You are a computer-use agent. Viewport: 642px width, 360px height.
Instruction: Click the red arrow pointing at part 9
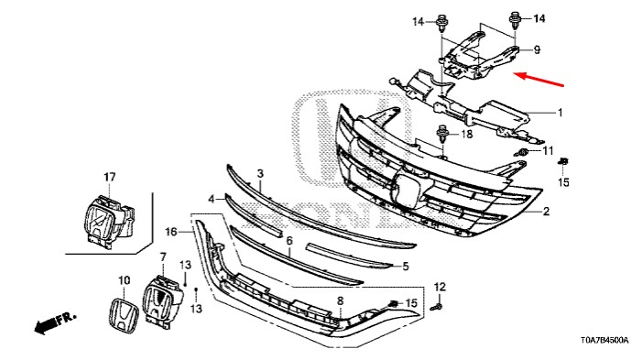(539, 80)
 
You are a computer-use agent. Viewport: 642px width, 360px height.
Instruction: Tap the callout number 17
(109, 178)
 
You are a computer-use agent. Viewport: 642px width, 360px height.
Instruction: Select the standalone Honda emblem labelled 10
(124, 314)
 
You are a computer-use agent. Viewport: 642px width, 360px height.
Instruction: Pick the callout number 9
(537, 50)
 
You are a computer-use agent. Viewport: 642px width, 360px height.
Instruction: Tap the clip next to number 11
(521, 153)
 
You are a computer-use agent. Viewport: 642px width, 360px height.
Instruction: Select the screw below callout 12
(438, 306)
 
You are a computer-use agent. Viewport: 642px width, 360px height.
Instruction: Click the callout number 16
(171, 233)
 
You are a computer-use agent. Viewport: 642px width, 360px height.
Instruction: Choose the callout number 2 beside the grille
(546, 212)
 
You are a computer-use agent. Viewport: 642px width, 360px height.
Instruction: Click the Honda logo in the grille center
(406, 189)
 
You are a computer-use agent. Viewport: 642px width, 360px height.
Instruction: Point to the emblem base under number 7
(162, 302)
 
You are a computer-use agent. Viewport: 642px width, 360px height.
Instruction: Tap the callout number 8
(341, 301)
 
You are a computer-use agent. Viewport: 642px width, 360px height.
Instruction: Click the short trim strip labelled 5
(348, 256)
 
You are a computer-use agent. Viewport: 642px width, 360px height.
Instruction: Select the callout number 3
(260, 174)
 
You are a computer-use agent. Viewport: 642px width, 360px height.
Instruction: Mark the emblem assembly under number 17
(108, 221)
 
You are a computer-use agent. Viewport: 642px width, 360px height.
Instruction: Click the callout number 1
(560, 113)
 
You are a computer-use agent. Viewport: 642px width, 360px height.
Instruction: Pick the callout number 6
(289, 241)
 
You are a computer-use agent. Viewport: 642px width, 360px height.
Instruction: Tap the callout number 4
(212, 200)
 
